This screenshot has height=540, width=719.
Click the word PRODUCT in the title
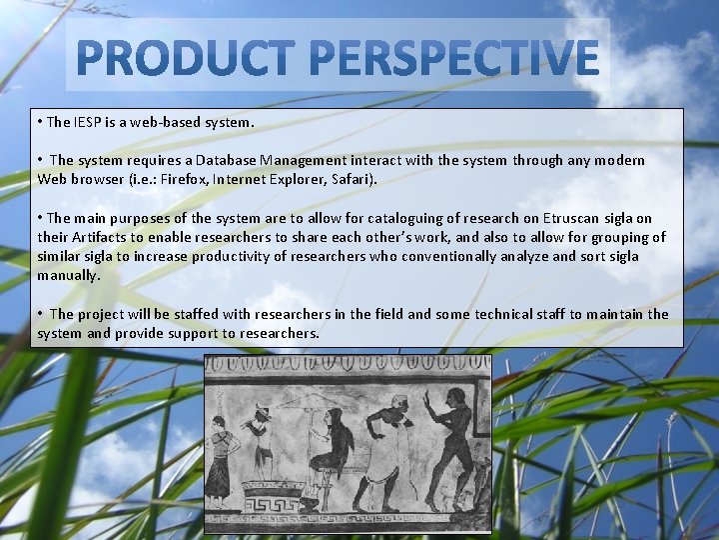point(186,57)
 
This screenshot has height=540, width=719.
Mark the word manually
point(68,276)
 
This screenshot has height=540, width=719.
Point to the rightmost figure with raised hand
point(449,448)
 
